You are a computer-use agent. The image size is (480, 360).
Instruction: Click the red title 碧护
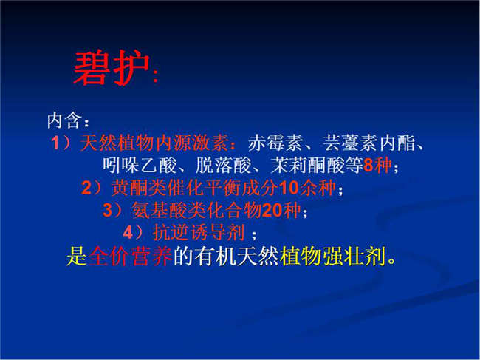coord(112,68)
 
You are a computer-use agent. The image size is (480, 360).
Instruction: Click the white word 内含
coord(65,120)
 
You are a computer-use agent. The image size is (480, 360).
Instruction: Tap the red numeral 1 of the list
coord(55,143)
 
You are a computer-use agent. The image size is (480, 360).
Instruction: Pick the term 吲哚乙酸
coord(140,166)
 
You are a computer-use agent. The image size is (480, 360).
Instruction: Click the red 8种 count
coord(378,166)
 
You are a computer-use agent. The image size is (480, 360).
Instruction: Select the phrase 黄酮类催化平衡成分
coord(195,188)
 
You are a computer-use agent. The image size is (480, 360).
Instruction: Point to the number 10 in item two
coord(289,188)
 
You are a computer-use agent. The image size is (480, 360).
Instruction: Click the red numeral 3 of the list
coord(108,211)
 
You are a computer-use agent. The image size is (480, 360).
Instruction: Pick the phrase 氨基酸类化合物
coord(197,211)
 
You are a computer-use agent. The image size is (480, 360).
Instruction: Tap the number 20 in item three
coord(272,211)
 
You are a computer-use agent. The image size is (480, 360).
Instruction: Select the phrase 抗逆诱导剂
coord(199,233)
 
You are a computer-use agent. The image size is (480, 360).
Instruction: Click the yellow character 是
coord(77,256)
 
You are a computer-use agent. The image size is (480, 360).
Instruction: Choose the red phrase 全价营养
coord(131,256)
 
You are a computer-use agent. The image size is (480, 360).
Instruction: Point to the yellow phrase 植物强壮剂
coord(333,256)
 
